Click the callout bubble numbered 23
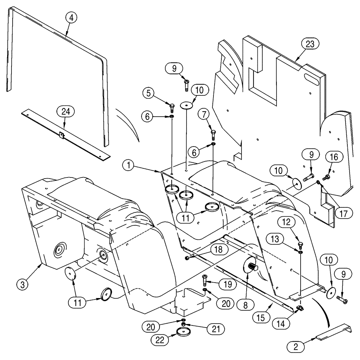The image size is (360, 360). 310,44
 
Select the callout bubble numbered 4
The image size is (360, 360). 71,18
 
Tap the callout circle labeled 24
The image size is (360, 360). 68,112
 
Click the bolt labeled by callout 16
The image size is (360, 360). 327,177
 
